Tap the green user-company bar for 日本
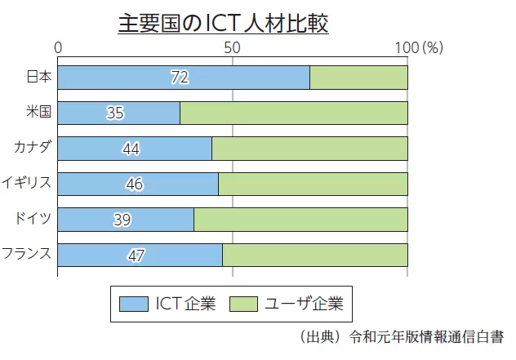click(358, 77)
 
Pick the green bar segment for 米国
click(293, 113)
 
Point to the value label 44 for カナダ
click(131, 149)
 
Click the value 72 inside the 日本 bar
click(180, 78)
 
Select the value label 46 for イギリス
click(135, 184)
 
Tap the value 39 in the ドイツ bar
click(121, 220)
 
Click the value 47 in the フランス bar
click(136, 256)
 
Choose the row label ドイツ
click(33, 218)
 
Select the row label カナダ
click(33, 147)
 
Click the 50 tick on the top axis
click(233, 48)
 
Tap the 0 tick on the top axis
click(58, 48)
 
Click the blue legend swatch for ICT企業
click(132, 304)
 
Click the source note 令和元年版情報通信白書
click(425, 336)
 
